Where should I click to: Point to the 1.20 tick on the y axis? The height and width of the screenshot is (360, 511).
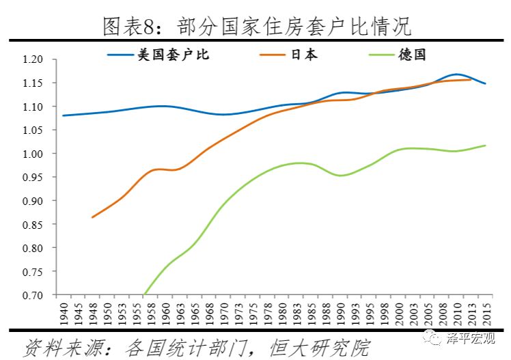pyautogui.click(x=33, y=60)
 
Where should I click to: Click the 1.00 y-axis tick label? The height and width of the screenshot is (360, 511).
pyautogui.click(x=33, y=154)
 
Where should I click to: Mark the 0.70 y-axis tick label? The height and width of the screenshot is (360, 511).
pyautogui.click(x=33, y=295)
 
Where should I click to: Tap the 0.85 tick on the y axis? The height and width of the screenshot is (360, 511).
pyautogui.click(x=33, y=225)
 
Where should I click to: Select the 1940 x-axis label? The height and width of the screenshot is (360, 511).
pyautogui.click(x=64, y=314)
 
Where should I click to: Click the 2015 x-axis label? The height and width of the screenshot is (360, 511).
pyautogui.click(x=486, y=314)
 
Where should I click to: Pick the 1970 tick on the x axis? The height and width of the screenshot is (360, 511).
pyautogui.click(x=223, y=314)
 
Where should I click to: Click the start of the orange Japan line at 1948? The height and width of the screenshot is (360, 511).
pyautogui.click(x=92, y=217)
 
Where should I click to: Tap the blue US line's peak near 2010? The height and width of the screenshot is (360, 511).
pyautogui.click(x=456, y=74)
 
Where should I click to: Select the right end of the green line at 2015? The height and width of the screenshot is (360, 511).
pyautogui.click(x=486, y=146)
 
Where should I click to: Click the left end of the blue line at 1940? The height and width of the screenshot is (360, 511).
pyautogui.click(x=64, y=115)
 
